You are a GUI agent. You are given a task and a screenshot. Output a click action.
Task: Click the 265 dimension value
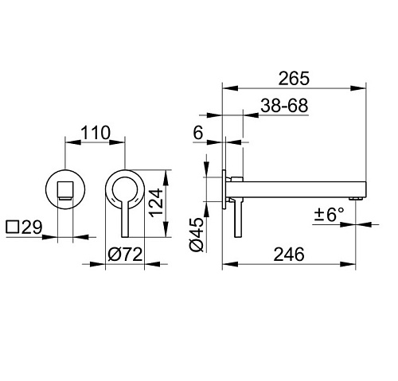[294, 78]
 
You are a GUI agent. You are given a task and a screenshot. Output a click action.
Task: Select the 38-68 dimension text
[284, 106]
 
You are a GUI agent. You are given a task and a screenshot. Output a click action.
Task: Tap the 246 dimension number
[289, 255]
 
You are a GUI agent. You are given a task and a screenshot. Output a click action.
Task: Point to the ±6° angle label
[330, 215]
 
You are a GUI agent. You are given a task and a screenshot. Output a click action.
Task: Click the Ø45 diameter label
[197, 235]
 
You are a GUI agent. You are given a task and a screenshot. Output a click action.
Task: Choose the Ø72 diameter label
[125, 255]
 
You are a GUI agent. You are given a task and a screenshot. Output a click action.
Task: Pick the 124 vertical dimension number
[156, 202]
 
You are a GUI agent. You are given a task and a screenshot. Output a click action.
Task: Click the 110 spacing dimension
[95, 133]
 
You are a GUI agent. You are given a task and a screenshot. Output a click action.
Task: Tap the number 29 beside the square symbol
[32, 227]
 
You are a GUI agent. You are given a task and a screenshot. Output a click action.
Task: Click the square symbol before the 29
[13, 227]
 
